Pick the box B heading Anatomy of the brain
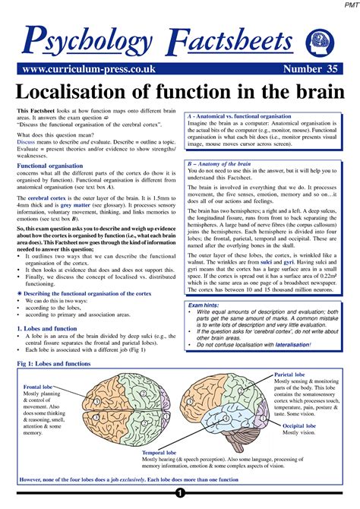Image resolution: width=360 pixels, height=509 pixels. tap(226, 164)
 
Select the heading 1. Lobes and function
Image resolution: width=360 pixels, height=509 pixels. tap(50, 327)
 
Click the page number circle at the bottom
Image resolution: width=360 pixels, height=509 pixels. tap(180, 502)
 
